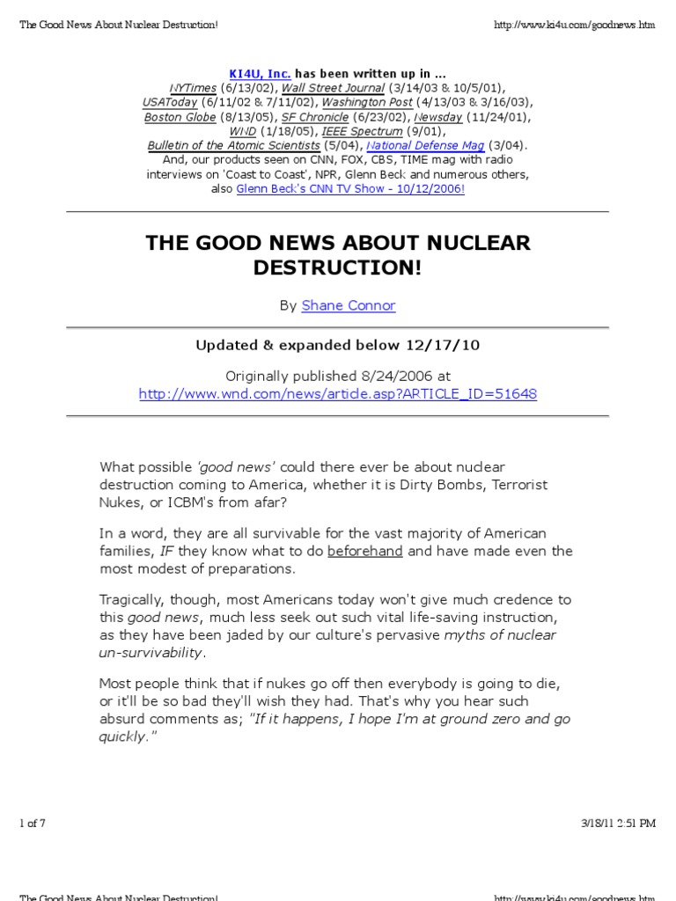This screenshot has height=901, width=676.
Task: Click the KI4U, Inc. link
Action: pyautogui.click(x=260, y=74)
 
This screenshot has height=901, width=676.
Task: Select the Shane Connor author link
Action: pyautogui.click(x=349, y=305)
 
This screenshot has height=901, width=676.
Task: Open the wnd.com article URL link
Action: pyautogui.click(x=338, y=393)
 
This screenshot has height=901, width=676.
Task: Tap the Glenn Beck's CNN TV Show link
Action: pyautogui.click(x=350, y=188)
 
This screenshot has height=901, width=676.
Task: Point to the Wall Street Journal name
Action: pyautogui.click(x=333, y=88)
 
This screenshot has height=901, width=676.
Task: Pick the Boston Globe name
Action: pyautogui.click(x=174, y=117)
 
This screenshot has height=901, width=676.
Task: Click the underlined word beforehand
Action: pyautogui.click(x=365, y=551)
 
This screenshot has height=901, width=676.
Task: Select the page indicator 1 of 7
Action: pyautogui.click(x=32, y=824)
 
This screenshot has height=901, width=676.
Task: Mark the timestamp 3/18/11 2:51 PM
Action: pyautogui.click(x=618, y=824)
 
